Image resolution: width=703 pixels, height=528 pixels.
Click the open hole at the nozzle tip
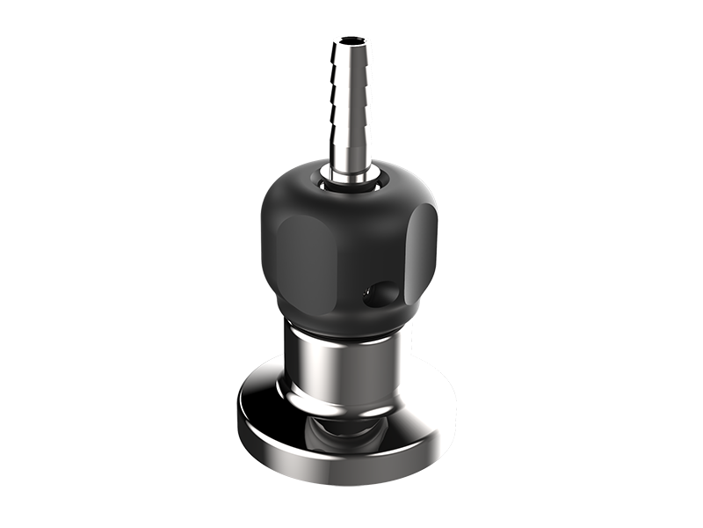[x=351, y=40]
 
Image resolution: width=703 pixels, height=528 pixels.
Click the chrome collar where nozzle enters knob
[x=351, y=180]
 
